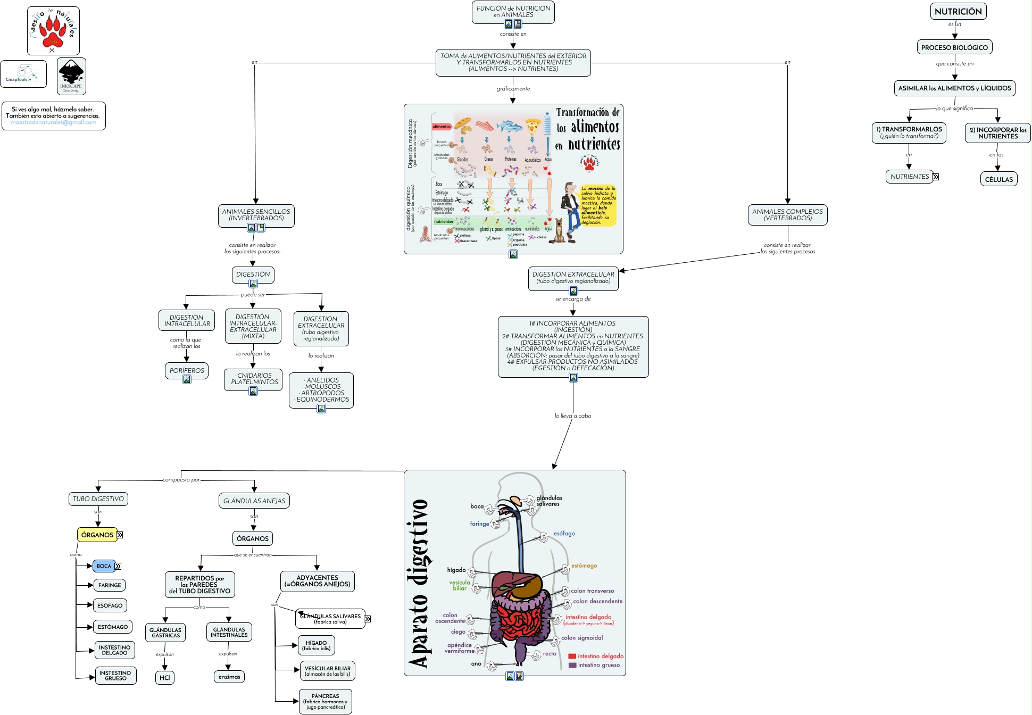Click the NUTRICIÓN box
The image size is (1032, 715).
click(x=958, y=11)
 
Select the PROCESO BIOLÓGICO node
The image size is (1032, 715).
click(x=954, y=47)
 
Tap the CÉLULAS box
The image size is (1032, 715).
click(x=998, y=179)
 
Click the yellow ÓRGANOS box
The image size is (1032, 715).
click(x=97, y=535)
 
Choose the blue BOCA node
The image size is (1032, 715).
click(x=104, y=566)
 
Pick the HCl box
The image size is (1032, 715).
click(x=165, y=677)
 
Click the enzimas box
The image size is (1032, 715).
click(x=229, y=677)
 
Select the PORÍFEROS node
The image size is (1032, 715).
click(x=187, y=370)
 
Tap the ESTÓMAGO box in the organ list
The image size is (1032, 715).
click(x=113, y=627)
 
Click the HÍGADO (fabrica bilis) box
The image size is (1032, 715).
click(x=317, y=645)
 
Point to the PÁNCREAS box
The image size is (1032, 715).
click(x=325, y=701)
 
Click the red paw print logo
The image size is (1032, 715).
click(x=53, y=30)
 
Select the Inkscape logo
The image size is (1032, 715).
click(x=71, y=76)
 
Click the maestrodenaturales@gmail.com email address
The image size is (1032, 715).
click(x=54, y=122)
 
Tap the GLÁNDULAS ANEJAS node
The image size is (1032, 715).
click(x=254, y=501)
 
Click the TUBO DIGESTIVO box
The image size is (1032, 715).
click(x=98, y=499)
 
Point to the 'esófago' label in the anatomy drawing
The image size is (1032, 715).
click(x=564, y=534)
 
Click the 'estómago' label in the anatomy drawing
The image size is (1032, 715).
click(x=584, y=566)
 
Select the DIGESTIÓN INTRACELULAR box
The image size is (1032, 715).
click(x=187, y=320)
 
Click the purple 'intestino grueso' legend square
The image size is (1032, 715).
click(x=572, y=665)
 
